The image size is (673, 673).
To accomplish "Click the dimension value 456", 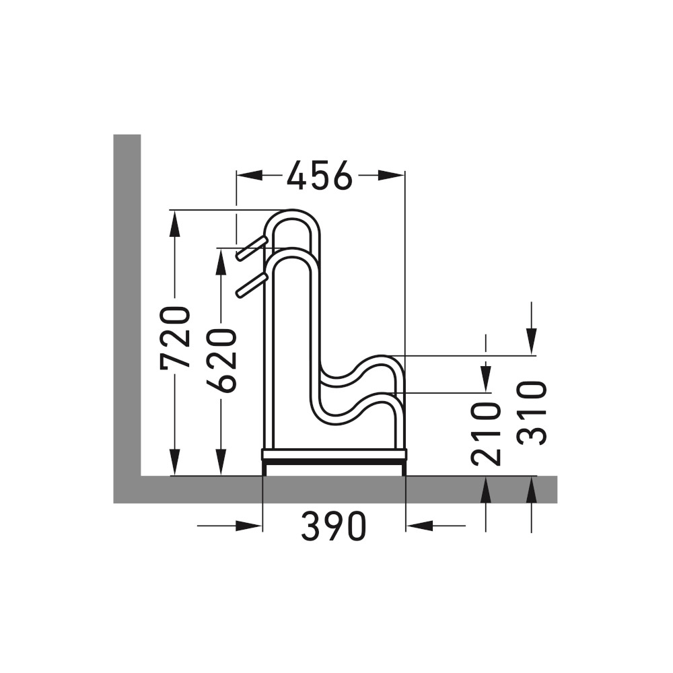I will pos(319,176).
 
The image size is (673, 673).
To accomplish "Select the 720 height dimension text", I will pos(176,337).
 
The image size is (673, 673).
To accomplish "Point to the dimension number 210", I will pos(487,433).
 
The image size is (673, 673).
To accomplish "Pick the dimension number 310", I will pos(532,412).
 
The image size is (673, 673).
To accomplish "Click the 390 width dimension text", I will pos(333,527).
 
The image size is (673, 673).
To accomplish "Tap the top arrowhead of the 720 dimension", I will pos(174,223).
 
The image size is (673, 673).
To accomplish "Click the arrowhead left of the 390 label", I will pos(249,526).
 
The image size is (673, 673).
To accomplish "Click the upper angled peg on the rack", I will pos(252,247).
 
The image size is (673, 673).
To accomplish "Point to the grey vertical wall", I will pos(127,303).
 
